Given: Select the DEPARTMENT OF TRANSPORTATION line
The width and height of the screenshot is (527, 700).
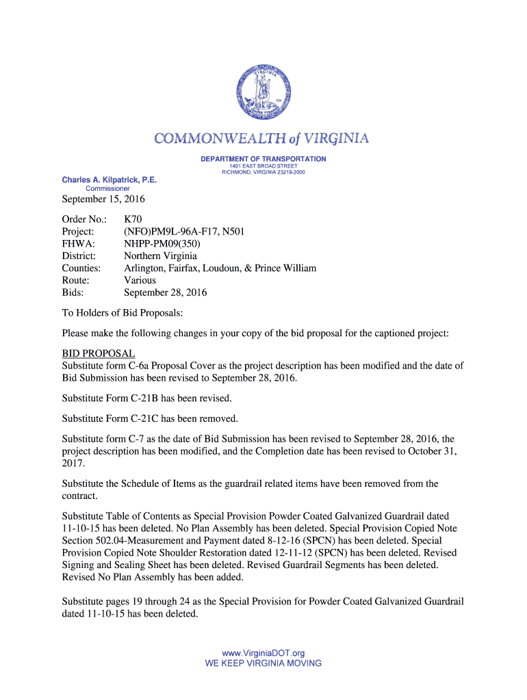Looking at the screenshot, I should pyautogui.click(x=263, y=159).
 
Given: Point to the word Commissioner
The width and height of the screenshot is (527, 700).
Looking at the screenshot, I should pyautogui.click(x=107, y=188).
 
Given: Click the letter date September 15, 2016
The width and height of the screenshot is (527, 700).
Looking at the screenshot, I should pyautogui.click(x=103, y=200).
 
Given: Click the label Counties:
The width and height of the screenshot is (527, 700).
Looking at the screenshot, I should pyautogui.click(x=81, y=268).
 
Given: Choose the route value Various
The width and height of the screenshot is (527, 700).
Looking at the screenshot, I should pyautogui.click(x=140, y=280).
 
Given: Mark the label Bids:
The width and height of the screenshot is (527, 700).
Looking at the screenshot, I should pyautogui.click(x=73, y=293).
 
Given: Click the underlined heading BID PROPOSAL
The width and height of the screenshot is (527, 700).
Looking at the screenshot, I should pyautogui.click(x=99, y=353).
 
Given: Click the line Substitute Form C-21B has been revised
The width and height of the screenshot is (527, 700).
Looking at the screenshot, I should pyautogui.click(x=147, y=398).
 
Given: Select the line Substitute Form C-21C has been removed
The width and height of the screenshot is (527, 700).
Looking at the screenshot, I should pyautogui.click(x=150, y=418).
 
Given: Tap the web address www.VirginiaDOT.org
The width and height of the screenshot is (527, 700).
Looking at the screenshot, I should pyautogui.click(x=263, y=654).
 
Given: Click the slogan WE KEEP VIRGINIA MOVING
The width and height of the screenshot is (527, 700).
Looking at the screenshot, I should pyautogui.click(x=263, y=663).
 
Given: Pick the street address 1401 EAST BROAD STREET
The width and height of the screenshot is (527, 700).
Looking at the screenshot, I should pyautogui.click(x=263, y=166).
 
